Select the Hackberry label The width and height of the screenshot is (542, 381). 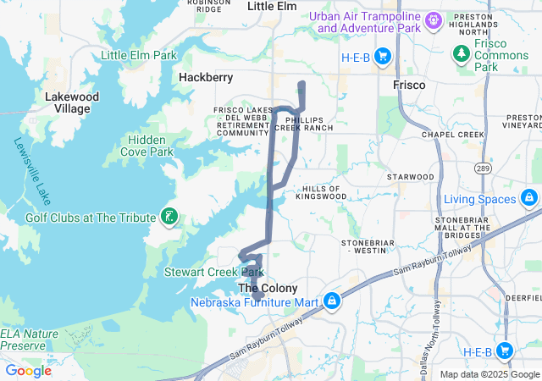[206, 77]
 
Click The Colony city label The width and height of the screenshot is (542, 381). [267, 288]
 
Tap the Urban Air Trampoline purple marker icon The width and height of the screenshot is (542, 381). [434, 19]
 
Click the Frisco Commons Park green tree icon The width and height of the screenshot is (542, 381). [462, 55]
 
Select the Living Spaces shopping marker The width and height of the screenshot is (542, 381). [528, 199]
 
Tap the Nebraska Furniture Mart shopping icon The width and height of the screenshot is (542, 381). [331, 301]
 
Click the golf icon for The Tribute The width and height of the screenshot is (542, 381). [169, 218]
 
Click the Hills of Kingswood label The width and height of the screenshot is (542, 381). [321, 192]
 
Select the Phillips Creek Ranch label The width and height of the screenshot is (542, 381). [308, 124]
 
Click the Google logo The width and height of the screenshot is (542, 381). [28, 371]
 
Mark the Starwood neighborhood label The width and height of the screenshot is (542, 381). [410, 177]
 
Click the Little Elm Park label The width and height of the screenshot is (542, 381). [139, 56]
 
